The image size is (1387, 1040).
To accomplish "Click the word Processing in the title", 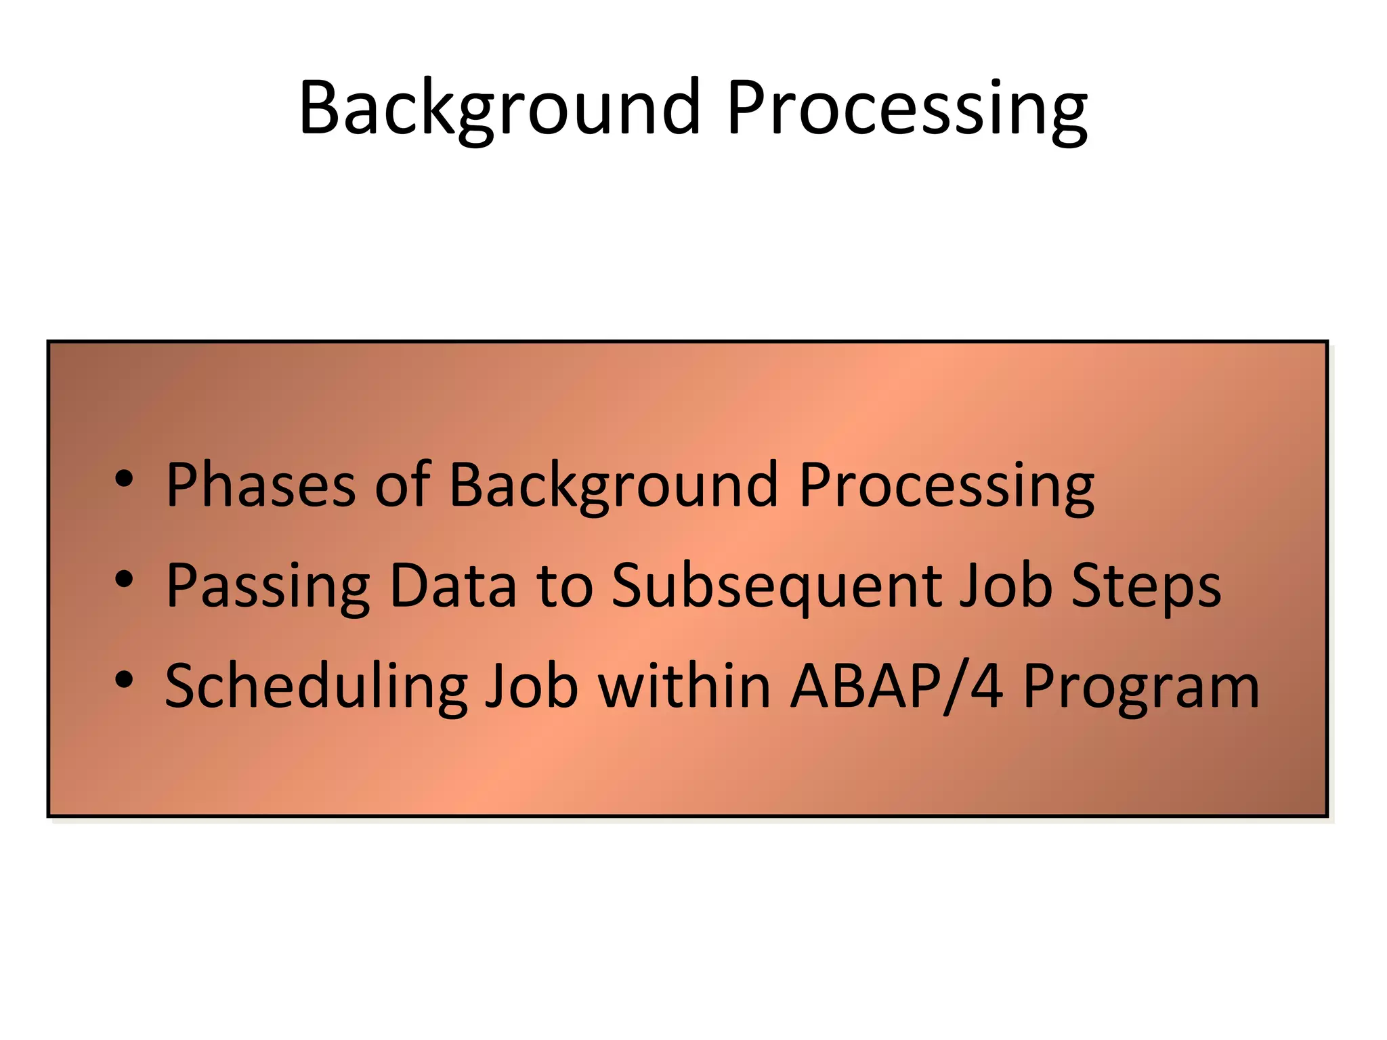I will [907, 108].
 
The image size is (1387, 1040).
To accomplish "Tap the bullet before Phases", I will [124, 479].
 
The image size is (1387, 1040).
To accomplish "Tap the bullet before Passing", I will [124, 580].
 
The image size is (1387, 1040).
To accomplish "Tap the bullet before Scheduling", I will [124, 680].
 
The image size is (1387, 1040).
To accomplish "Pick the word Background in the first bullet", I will [614, 486].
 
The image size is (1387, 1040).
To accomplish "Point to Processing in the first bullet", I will [946, 486].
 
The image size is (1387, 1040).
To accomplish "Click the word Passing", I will [268, 586].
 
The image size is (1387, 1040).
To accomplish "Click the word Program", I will [1141, 688].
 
